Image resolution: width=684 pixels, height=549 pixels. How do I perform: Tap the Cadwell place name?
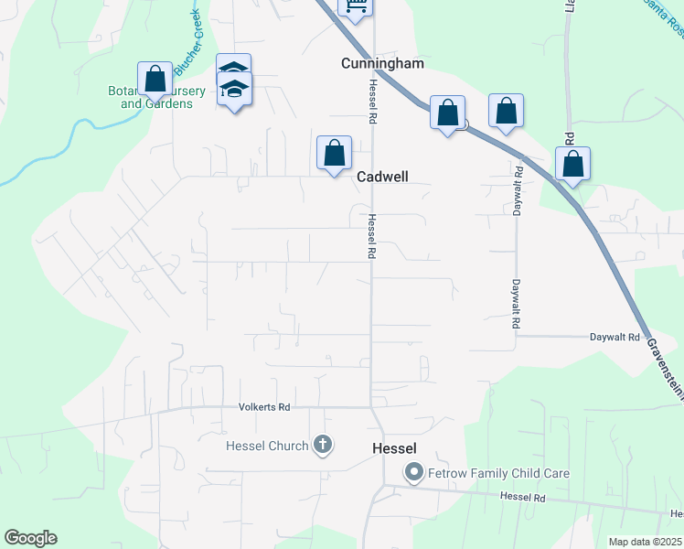coord(381,176)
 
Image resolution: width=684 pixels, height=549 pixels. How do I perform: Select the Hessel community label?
coord(395,448)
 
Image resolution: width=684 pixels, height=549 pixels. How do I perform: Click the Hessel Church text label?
coord(266,446)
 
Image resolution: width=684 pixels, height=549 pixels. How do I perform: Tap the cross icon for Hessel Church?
coord(322,446)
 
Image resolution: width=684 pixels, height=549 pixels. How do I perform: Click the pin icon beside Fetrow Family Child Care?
coord(413,473)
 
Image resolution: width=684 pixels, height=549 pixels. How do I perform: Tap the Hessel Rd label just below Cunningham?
coord(373,102)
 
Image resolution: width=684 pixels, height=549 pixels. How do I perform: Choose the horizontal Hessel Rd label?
coord(523,497)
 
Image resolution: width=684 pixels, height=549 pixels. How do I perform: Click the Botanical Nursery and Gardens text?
coord(157,97)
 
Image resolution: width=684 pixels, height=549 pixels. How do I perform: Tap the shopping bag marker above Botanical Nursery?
coord(155,79)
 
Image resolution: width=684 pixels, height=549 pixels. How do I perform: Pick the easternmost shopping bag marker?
coord(572,164)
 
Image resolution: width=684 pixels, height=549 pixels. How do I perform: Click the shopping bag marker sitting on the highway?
coord(447,113)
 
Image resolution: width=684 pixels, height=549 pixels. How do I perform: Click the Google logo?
coord(30,538)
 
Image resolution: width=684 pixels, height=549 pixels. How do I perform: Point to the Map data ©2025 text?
coord(646,542)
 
